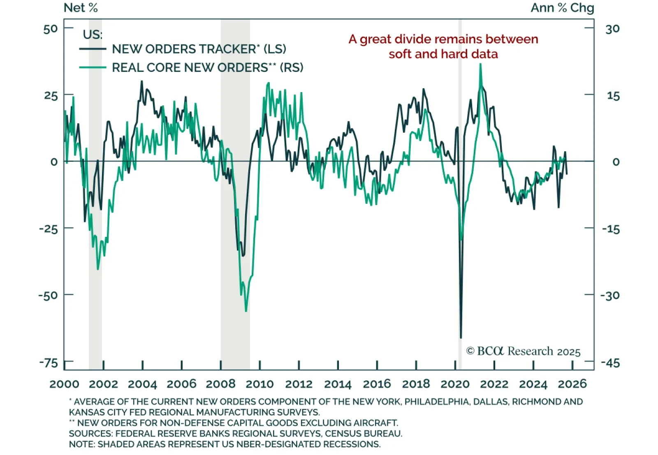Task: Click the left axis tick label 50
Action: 51,29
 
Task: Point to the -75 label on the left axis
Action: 49,363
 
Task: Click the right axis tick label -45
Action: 610,363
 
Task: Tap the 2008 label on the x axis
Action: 220,384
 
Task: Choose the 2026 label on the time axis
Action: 572,384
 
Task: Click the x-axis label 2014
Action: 338,384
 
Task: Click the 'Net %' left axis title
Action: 81,8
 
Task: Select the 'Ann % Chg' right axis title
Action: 562,8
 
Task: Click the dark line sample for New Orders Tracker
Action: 93,49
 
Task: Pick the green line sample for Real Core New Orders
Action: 93,67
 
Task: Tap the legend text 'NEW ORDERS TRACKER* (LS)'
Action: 199,49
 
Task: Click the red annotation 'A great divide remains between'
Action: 443,39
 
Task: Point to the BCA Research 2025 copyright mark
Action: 523,351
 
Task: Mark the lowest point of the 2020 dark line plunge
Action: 461,338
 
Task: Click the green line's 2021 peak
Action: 480,65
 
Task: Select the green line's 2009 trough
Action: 246,311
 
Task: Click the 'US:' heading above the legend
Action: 93,35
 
